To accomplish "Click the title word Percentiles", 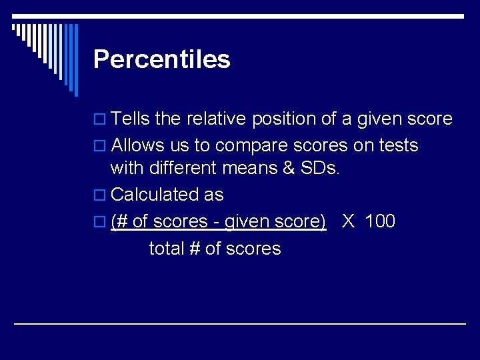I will point(162,59).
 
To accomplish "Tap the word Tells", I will point(131,119).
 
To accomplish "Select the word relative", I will point(218,119).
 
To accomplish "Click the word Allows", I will point(137,145).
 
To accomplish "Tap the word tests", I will point(397,145).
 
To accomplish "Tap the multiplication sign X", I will point(348,221).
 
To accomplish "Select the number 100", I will point(381,221).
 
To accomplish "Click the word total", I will point(167,249).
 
